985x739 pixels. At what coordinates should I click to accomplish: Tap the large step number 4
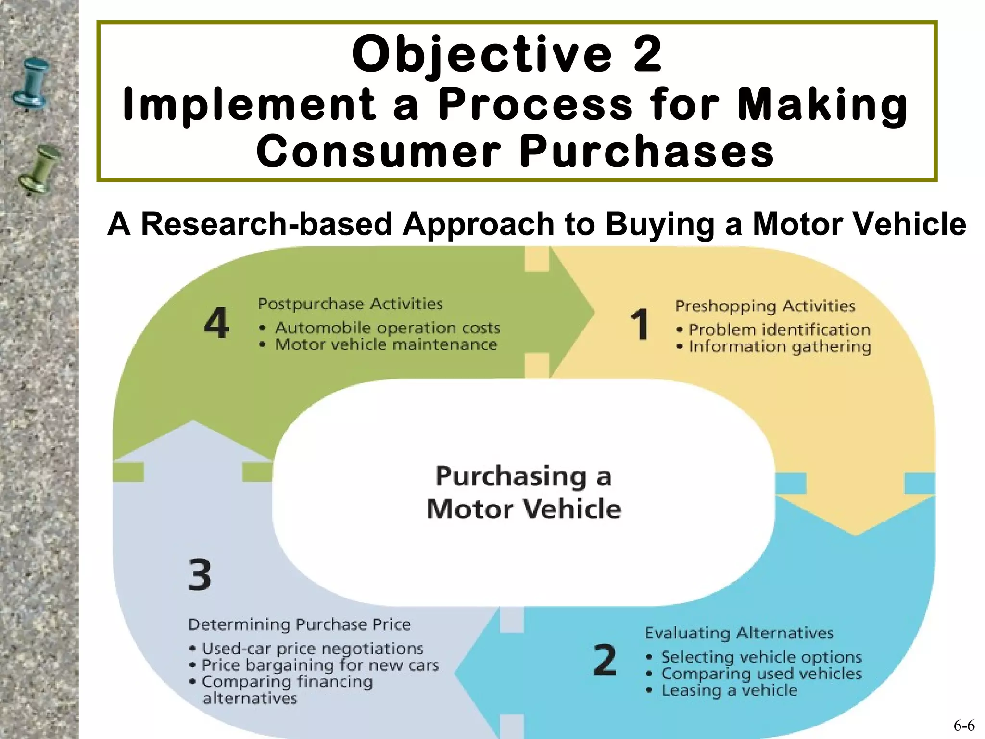(x=216, y=323)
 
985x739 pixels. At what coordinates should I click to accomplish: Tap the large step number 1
(x=640, y=325)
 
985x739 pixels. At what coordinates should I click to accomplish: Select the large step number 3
(x=200, y=574)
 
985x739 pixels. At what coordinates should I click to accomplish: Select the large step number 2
(x=605, y=660)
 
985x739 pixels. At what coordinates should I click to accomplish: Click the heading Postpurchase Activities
(x=350, y=304)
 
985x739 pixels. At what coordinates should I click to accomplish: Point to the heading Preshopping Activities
(x=765, y=306)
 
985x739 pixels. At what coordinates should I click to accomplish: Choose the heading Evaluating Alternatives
(x=739, y=633)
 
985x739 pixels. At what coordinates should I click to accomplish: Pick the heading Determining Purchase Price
(x=299, y=624)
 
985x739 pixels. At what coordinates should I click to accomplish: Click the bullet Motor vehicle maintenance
(x=386, y=345)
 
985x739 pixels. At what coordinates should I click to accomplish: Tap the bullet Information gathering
(x=780, y=347)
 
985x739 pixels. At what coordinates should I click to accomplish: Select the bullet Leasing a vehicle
(x=729, y=690)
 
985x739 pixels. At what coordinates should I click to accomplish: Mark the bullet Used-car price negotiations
(x=312, y=649)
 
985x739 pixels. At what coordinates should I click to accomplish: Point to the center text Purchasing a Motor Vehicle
(x=524, y=492)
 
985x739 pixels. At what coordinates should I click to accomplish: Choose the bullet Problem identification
(x=779, y=330)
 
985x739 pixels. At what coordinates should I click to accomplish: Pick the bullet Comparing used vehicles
(x=761, y=674)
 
